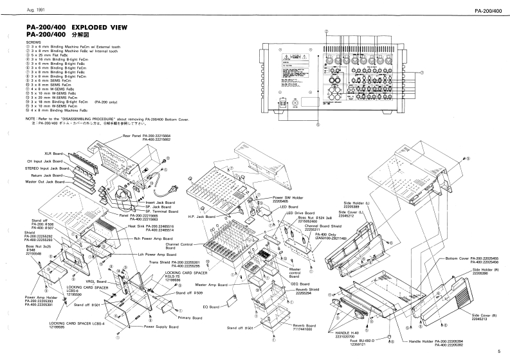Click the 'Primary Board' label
[x=189, y=318]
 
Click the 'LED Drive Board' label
[x=300, y=213]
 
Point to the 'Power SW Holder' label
[x=289, y=197]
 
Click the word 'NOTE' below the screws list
[x=31, y=119]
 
